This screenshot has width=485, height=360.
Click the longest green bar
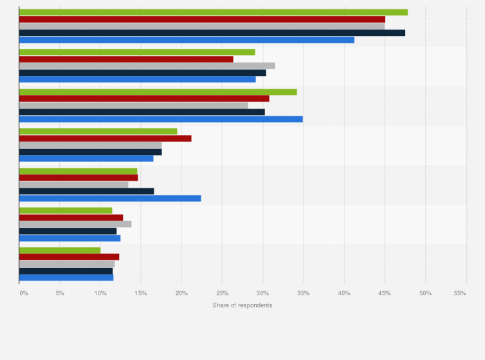coord(212,12)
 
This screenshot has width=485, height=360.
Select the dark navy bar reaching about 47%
coord(212,33)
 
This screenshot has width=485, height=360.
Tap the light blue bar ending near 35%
coord(161,119)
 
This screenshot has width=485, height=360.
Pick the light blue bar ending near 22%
coord(109,198)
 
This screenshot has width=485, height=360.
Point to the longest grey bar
coord(202,26)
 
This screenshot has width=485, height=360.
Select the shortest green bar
coord(60,250)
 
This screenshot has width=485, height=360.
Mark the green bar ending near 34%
coord(158,92)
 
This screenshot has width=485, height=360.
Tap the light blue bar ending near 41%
coord(187,40)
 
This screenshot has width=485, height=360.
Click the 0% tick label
coord(24,293)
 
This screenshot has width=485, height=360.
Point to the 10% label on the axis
coord(100,293)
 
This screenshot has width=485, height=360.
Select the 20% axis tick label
coord(181,293)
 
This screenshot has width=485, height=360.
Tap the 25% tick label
coord(222,293)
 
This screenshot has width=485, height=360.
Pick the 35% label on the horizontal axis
coord(304,293)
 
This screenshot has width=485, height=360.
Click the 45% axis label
coord(385,293)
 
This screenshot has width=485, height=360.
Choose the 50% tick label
coord(425,293)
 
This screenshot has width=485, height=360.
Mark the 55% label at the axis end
coord(460,293)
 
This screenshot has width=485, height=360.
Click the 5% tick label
coord(60,293)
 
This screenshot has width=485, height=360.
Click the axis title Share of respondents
coord(242,305)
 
